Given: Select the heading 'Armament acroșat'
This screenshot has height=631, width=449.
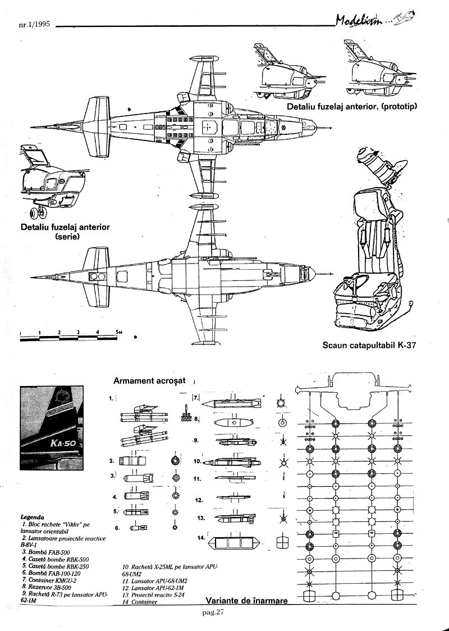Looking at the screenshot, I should pyautogui.click(x=149, y=380).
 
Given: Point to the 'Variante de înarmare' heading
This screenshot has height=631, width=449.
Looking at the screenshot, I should pyautogui.click(x=246, y=600).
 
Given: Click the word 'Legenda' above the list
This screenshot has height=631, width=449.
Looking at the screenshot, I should pyautogui.click(x=33, y=516).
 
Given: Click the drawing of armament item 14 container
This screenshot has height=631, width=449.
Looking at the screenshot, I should pyautogui.click(x=233, y=543).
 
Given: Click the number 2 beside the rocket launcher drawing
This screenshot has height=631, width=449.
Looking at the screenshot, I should pyautogui.click(x=112, y=461).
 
